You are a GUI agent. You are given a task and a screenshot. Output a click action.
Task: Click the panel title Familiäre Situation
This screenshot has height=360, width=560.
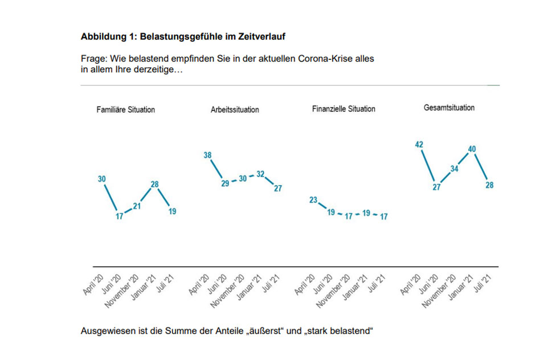pyautogui.click(x=125, y=109)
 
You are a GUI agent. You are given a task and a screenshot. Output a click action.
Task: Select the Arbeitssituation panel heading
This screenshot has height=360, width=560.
pyautogui.click(x=235, y=109)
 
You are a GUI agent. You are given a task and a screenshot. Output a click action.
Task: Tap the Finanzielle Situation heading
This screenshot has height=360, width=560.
pyautogui.click(x=344, y=109)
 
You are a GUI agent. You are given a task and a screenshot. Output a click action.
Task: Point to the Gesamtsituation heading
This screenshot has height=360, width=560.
pyautogui.click(x=449, y=107)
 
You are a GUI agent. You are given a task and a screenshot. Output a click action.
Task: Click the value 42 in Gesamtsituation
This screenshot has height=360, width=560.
pyautogui.click(x=419, y=145)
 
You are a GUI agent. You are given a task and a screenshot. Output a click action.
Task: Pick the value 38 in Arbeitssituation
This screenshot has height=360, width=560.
pyautogui.click(x=207, y=155)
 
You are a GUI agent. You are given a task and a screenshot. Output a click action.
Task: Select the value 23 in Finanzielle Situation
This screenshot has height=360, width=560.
pyautogui.click(x=313, y=200)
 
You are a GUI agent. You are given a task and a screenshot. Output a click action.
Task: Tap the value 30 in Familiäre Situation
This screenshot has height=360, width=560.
pyautogui.click(x=102, y=179)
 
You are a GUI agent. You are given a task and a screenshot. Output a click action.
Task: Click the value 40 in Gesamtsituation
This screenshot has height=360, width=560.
pyautogui.click(x=472, y=149)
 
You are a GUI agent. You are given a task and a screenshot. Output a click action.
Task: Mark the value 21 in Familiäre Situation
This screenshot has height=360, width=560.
pyautogui.click(x=137, y=206)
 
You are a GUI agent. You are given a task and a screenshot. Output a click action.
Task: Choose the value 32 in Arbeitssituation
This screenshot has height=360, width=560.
pyautogui.click(x=260, y=174)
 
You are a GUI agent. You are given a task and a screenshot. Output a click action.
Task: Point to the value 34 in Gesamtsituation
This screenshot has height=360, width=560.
pyautogui.click(x=454, y=169)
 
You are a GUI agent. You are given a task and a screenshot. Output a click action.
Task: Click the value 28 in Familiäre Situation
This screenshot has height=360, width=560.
pyautogui.click(x=154, y=184)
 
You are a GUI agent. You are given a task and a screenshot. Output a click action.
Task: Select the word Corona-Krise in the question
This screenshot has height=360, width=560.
pyautogui.click(x=322, y=59)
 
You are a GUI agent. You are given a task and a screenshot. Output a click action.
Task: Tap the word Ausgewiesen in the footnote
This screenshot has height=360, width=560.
pyautogui.click(x=104, y=331)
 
